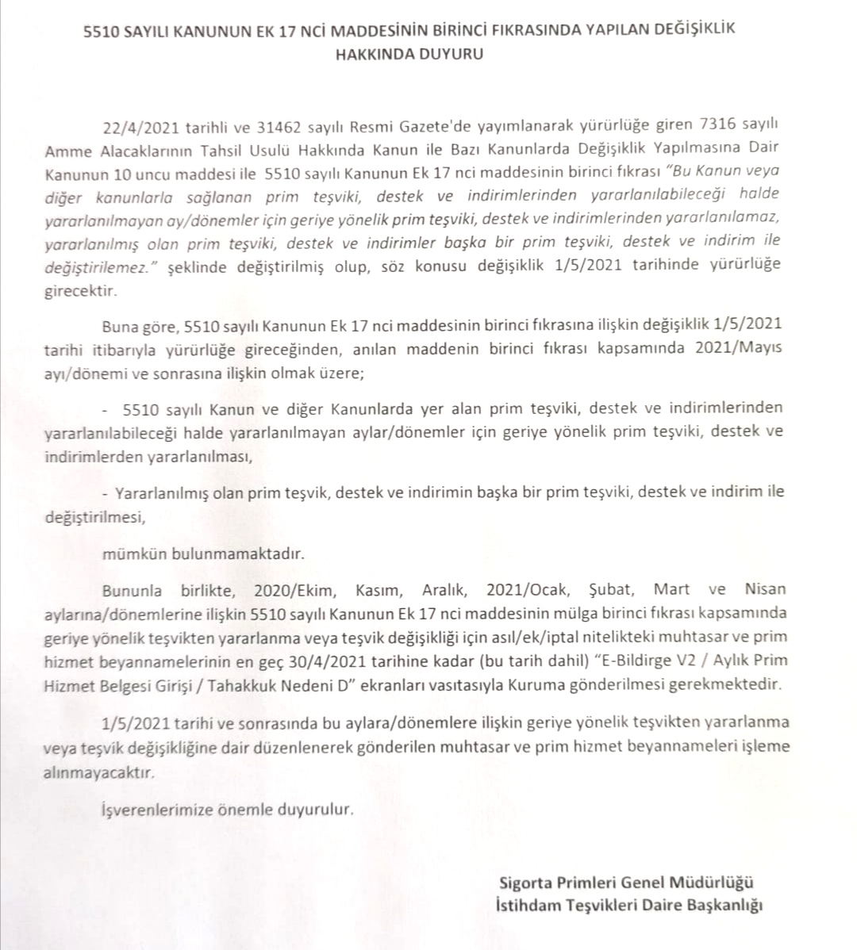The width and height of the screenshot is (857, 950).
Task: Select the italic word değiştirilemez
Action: pyautogui.click(x=96, y=268)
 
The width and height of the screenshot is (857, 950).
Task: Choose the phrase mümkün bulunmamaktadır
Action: pyautogui.click(x=203, y=554)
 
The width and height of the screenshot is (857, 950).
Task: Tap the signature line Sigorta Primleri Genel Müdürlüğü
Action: pyautogui.click(x=626, y=882)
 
